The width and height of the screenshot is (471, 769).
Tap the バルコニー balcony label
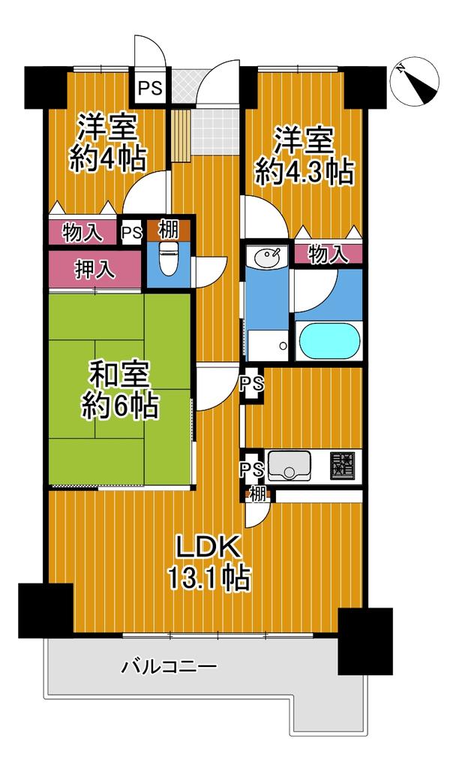point(169,667)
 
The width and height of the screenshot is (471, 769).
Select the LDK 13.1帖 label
point(209,562)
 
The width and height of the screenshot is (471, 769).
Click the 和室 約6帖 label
point(119,391)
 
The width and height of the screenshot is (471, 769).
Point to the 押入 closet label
point(95,269)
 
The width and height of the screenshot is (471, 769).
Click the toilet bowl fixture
point(169,258)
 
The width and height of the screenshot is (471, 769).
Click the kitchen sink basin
point(289,466)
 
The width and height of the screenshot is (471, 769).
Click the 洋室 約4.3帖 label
point(304,156)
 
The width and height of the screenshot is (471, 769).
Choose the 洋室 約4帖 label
point(108,142)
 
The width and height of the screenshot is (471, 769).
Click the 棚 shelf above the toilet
point(169,229)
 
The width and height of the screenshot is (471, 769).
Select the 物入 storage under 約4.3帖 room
point(328,254)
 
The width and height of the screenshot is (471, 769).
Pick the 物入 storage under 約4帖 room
point(82,232)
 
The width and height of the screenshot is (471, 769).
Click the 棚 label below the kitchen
point(258,494)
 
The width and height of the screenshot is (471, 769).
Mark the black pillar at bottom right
point(365,641)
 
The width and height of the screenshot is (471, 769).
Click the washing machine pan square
point(267,345)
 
